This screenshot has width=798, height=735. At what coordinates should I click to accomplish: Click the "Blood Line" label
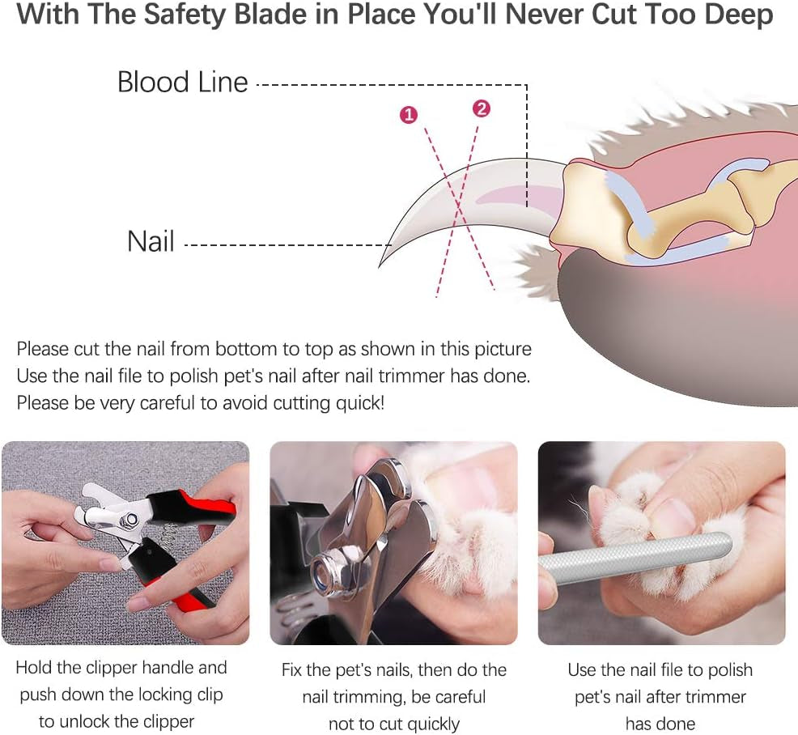(182, 83)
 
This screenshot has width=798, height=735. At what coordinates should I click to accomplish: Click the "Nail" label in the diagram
(151, 241)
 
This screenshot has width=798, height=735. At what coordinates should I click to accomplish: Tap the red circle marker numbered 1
(409, 115)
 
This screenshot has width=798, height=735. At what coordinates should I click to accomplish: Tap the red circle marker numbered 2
(481, 108)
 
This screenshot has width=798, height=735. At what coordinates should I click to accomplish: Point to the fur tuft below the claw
(536, 267)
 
